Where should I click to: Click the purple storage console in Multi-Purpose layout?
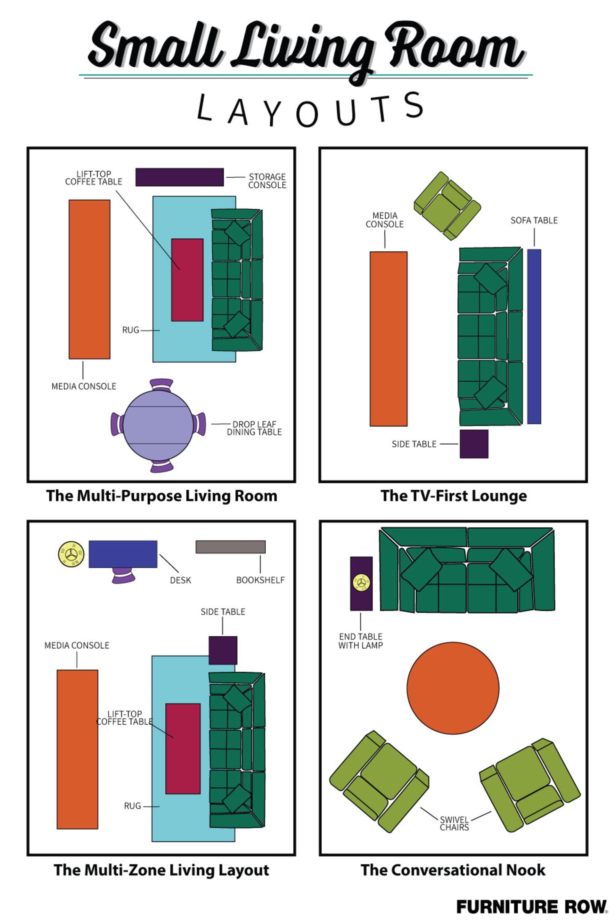pos(179,177)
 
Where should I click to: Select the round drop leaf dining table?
pos(158,425)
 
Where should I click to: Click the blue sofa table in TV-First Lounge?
pos(534,336)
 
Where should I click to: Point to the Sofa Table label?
pos(534,220)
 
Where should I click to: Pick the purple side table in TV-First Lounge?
pos(474,444)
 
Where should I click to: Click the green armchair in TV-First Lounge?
pos(447,206)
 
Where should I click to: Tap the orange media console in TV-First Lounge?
pos(388,339)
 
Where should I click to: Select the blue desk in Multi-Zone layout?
pos(123,554)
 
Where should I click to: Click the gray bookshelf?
pos(230,547)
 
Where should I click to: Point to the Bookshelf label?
pos(260,580)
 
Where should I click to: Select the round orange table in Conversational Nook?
pos(453,688)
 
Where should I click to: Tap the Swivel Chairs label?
pos(454,824)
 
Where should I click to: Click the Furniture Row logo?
pos(532,907)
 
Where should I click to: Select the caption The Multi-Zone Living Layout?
pos(161,870)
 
